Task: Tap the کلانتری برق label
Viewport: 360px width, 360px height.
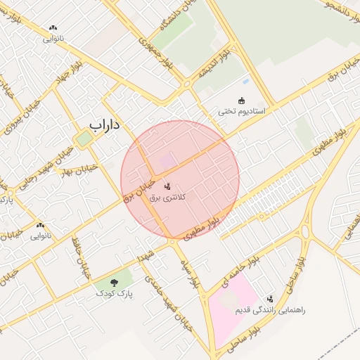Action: tap(167, 198)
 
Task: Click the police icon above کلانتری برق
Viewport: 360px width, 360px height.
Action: tap(167, 187)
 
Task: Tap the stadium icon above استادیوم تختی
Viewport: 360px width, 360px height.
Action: tap(241, 101)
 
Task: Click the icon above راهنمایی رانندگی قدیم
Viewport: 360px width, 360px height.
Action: tap(270, 299)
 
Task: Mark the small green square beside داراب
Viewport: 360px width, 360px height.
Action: tap(84, 139)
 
